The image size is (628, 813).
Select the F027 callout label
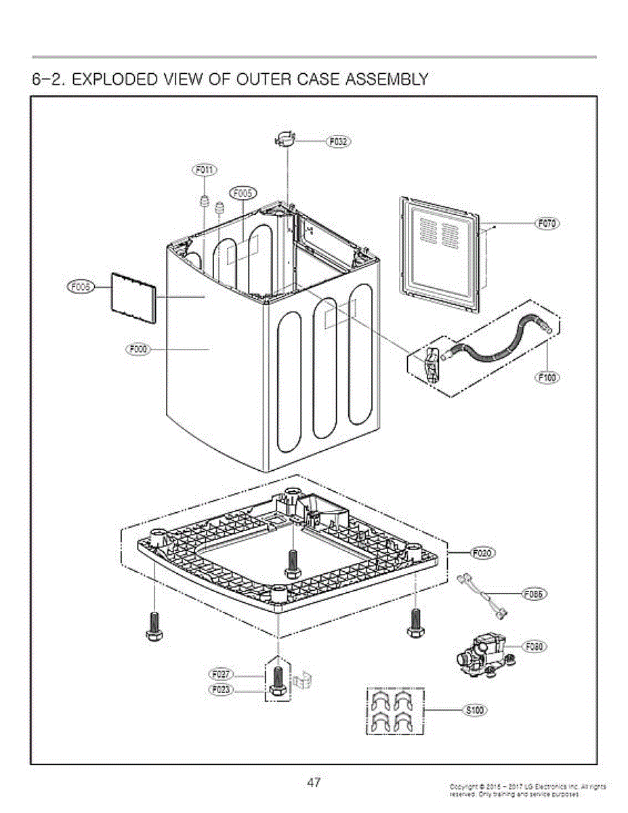tap(221, 675)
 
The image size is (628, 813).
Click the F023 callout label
tap(221, 690)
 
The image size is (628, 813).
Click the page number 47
tap(313, 783)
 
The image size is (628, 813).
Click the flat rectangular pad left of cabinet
tap(133, 296)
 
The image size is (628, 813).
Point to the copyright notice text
tap(526, 790)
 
